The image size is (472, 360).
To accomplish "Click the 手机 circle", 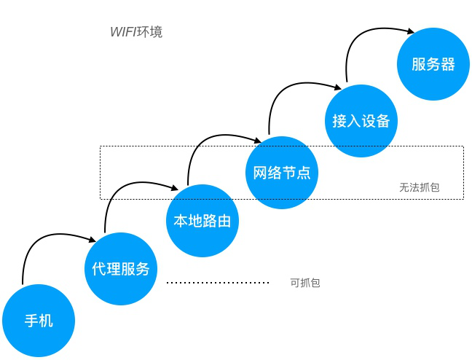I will [39, 321].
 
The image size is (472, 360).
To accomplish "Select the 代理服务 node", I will [121, 269].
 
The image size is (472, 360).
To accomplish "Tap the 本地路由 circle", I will [202, 222].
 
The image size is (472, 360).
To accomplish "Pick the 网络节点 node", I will [282, 173].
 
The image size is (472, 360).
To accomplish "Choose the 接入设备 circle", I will [361, 122].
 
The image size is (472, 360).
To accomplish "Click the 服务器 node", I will [433, 64].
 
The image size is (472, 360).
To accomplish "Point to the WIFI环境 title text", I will [135, 33].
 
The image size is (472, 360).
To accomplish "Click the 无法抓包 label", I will [419, 187].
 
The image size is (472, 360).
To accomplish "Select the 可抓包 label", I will [305, 283].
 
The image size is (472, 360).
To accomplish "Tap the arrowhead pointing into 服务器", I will [411, 31].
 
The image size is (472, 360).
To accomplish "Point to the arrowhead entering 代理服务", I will [92, 240].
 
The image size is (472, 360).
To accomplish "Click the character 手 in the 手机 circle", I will [31, 321].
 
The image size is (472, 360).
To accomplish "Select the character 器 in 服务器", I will [447, 64].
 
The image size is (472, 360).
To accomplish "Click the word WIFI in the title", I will [122, 33].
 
